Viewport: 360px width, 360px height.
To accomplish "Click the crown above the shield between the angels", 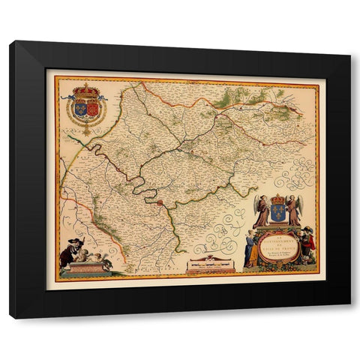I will click(277, 199).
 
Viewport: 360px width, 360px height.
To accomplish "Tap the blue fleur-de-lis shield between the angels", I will click(277, 213).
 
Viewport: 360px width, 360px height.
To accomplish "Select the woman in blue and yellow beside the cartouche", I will click(250, 249).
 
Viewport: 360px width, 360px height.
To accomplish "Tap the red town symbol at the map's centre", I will click(160, 201).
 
